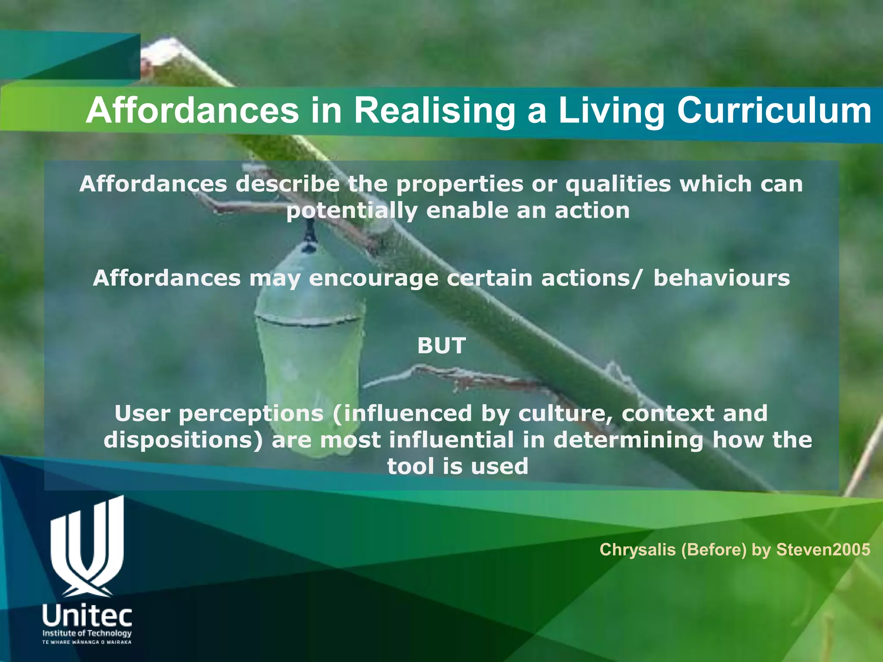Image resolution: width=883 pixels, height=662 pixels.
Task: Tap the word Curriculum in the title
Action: [774, 111]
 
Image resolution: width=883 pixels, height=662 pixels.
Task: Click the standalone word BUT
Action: [441, 346]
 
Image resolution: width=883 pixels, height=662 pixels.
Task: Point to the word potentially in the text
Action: [352, 211]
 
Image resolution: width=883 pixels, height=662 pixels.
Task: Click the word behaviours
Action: [721, 278]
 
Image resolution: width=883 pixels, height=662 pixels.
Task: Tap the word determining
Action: [628, 440]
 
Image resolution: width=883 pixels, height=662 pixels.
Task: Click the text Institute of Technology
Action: [87, 633]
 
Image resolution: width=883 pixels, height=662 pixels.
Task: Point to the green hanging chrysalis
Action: [308, 345]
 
